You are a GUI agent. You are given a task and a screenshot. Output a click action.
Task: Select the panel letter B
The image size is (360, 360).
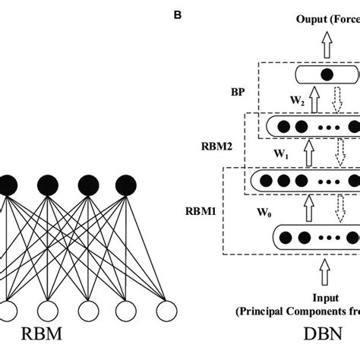[x=178, y=13]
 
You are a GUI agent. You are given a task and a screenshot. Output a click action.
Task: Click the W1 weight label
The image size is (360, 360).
[x=283, y=154]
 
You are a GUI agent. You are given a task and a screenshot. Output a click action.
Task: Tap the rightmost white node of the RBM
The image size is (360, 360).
[x=166, y=311]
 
